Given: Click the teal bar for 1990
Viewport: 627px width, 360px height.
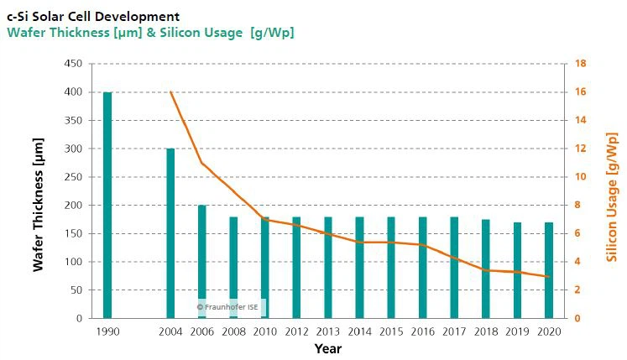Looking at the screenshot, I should pos(107,205).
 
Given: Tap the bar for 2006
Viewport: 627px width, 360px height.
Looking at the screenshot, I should pos(202,262).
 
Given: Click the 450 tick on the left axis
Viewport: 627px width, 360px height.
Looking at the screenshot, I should pos(75,64).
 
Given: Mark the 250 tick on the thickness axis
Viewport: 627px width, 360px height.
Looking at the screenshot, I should pos(75,177).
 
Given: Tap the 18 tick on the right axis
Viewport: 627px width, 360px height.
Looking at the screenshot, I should pos(580,64).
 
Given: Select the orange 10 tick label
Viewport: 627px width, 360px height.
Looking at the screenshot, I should pos(580,177).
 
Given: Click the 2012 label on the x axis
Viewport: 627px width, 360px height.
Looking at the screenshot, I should pos(297,331).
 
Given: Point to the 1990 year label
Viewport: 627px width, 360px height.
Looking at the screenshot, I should pos(107,331).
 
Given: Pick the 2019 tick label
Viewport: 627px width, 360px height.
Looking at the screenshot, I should pos(518,331).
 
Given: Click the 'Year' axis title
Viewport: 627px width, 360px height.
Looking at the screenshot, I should pos(328,348).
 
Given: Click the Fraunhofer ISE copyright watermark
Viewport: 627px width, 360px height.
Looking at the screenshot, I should pos(231,307).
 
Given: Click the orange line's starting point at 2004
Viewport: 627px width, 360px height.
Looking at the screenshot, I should pos(170,91).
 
